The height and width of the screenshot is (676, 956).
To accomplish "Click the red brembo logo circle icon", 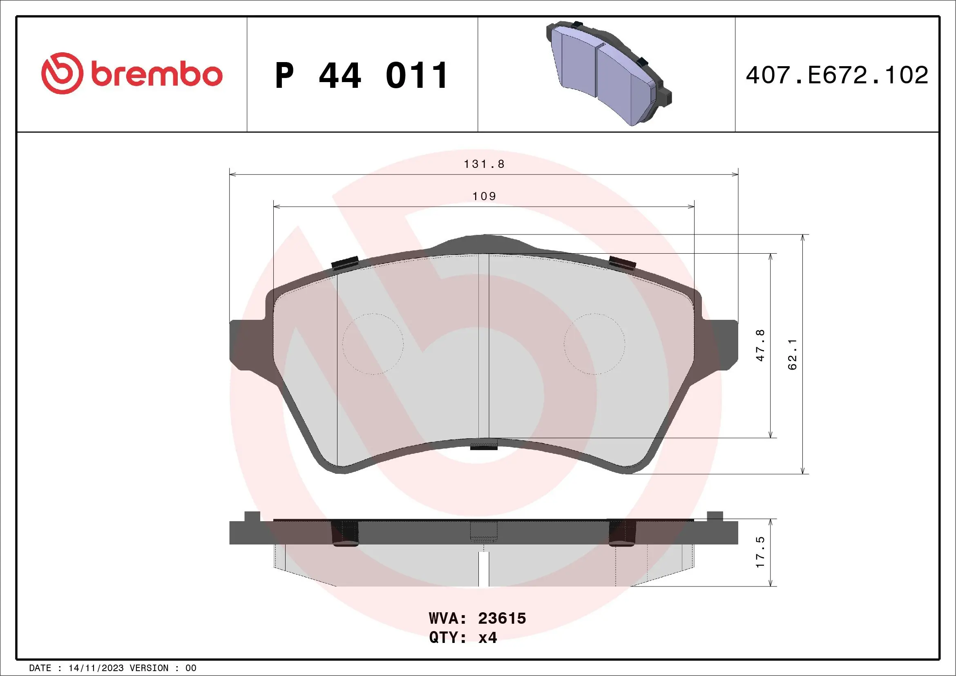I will point(61,73).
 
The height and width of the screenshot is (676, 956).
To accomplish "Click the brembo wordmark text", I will point(156,75).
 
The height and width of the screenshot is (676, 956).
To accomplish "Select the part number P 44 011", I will point(362,76).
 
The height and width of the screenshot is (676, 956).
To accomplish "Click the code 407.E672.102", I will point(837,75).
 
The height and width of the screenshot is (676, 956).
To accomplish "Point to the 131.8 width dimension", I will point(484,165).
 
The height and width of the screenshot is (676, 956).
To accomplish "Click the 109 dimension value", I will point(484,196).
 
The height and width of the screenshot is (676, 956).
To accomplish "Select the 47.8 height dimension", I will point(760,345).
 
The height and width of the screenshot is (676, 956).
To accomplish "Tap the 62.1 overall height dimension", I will point(792,354).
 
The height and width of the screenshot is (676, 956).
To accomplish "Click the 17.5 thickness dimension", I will point(760,552).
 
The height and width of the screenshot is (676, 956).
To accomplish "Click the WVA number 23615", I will point(502,618).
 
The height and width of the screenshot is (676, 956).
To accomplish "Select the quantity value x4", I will point(487,638).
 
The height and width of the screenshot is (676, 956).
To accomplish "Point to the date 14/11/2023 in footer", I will point(96,668).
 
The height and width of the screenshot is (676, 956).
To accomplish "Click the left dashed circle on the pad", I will point(373,344).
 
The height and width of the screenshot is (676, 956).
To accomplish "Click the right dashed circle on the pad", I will point(594,344).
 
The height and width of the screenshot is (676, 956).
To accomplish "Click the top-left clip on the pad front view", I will point(345,263).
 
